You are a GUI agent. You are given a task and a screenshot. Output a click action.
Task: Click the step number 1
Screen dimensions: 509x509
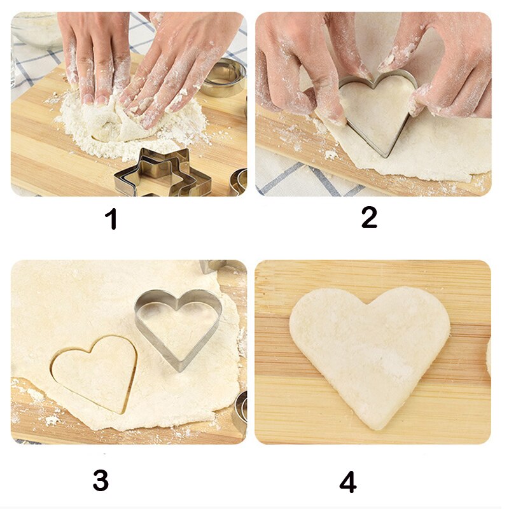point(111,220)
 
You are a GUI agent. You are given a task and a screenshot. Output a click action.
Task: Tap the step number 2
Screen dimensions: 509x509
point(369,217)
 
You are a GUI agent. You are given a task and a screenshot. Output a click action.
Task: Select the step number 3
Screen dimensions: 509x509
point(101,480)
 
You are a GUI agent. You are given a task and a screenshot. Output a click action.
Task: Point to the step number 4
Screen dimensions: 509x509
point(347,482)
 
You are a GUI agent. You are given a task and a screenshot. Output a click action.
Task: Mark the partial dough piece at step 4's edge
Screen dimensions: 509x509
point(488,356)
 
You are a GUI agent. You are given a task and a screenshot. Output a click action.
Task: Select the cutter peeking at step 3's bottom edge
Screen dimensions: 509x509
point(241,410)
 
